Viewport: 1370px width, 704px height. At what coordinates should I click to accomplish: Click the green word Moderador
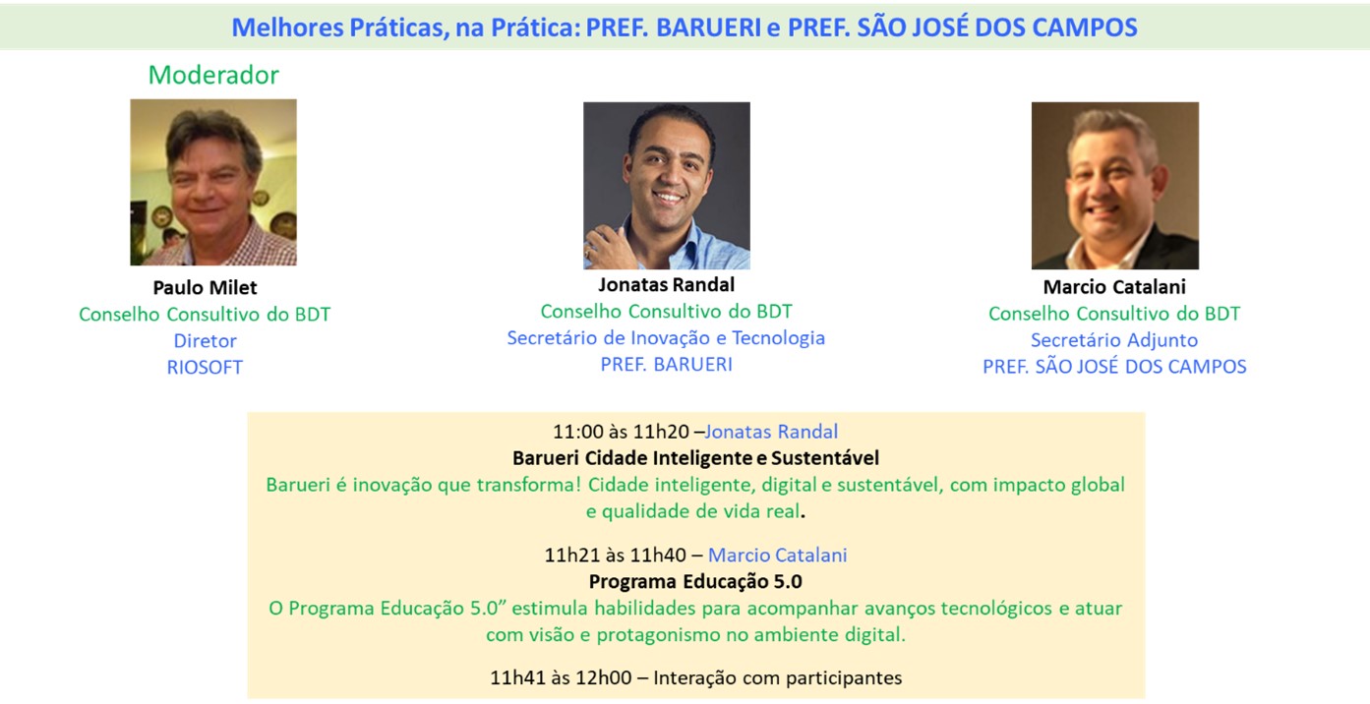pyautogui.click(x=213, y=76)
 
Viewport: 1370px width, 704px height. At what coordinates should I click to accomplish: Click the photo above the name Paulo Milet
pyautogui.click(x=213, y=182)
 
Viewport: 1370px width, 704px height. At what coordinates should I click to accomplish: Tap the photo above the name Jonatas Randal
pyautogui.click(x=667, y=185)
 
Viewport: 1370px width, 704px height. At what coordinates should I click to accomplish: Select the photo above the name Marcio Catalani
pyautogui.click(x=1115, y=185)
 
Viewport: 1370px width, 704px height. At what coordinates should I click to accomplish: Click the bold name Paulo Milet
pyautogui.click(x=205, y=287)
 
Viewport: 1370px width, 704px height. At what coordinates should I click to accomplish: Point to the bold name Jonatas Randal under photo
pyautogui.click(x=667, y=284)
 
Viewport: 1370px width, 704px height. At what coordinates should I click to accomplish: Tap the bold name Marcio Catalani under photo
pyautogui.click(x=1114, y=286)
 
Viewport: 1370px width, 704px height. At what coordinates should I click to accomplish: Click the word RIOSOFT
pyautogui.click(x=205, y=367)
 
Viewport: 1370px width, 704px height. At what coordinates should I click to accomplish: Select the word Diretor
pyautogui.click(x=205, y=340)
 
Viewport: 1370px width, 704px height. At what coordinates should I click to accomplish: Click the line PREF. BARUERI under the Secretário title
pyautogui.click(x=666, y=365)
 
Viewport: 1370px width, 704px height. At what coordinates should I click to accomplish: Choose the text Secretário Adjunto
pyautogui.click(x=1114, y=340)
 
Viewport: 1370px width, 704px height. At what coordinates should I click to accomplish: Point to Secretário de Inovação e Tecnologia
pyautogui.click(x=666, y=337)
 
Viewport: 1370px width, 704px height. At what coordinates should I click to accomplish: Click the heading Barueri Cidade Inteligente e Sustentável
pyautogui.click(x=696, y=458)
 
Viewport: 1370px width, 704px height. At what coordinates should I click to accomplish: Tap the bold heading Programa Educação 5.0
pyautogui.click(x=695, y=581)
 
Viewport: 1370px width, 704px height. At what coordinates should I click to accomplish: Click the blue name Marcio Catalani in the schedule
pyautogui.click(x=777, y=555)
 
